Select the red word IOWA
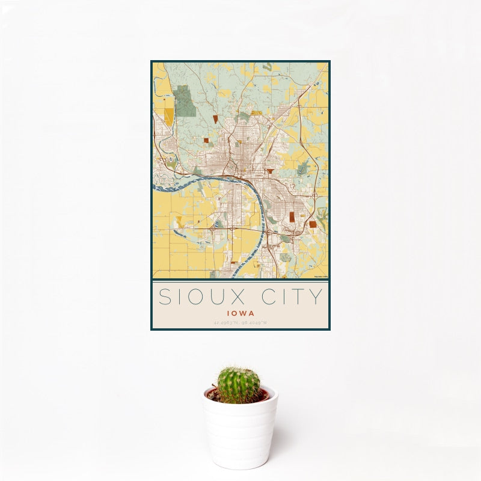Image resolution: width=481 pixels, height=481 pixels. (240, 313)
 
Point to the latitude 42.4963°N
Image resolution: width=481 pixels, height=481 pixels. (226, 323)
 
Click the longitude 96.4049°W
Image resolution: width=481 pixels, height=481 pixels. (255, 323)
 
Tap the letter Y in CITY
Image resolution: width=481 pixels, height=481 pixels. (316, 297)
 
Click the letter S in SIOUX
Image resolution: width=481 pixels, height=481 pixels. (164, 297)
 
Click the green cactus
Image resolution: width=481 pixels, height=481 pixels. (239, 385)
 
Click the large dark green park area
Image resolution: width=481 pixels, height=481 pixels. (185, 100)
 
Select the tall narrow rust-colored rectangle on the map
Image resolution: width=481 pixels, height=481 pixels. (291, 217)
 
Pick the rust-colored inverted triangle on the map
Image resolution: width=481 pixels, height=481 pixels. (271, 171)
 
